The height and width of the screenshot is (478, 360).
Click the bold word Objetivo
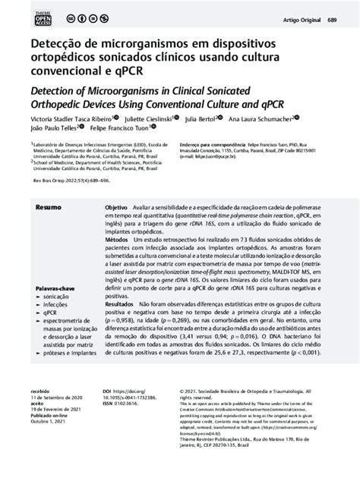[116, 207]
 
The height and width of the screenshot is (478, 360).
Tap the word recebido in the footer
[41, 432]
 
